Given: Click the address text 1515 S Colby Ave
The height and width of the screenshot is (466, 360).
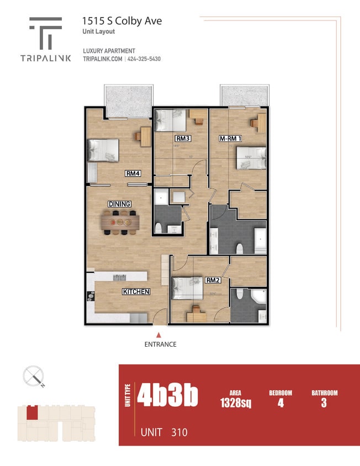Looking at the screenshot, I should tap(122, 21).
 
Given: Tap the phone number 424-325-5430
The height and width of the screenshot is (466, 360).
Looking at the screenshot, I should tap(144, 59).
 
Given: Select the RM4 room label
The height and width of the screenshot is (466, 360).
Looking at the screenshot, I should tap(133, 173).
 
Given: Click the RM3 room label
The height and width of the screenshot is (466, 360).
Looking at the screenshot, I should tap(183, 138).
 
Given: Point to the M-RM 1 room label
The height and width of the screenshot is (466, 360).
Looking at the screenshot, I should tap(231, 138).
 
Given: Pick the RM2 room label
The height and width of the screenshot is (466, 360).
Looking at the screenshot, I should tap(214, 280).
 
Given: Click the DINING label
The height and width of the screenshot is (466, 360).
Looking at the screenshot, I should tap(119, 204).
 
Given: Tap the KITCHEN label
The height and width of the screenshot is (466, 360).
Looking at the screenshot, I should tap(136, 292).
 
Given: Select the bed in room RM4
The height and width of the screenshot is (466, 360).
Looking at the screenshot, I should tap(103, 150).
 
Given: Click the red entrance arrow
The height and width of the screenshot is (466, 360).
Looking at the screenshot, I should tap(159, 335).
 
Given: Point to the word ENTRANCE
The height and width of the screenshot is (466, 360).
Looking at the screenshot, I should tap(160, 345).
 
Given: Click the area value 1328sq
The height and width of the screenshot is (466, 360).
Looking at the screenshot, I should tap(235, 403).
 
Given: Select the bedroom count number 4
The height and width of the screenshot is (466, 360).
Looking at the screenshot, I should tap(280, 403).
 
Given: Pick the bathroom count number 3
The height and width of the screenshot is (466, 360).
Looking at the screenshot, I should tap(324, 403).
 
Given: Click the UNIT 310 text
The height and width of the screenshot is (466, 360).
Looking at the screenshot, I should tap(164, 432).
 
